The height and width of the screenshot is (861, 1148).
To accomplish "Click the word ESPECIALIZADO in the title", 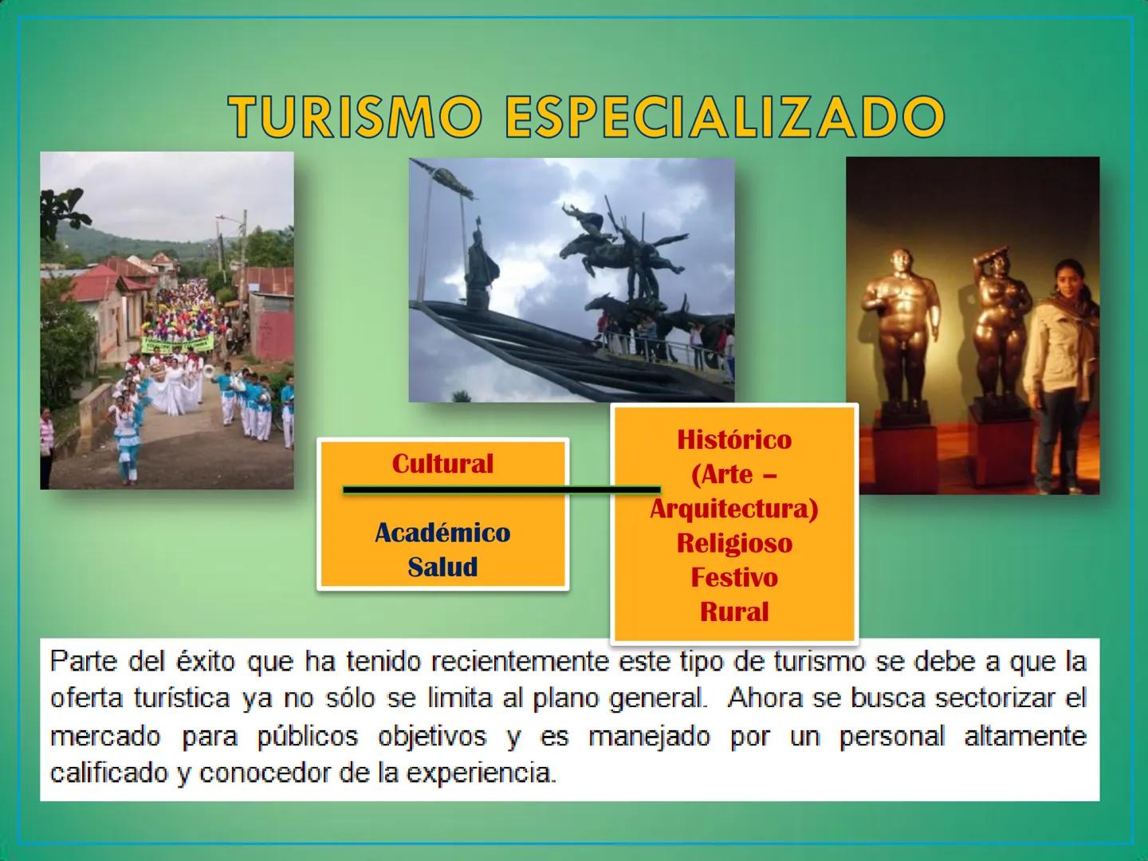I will pyautogui.click(x=724, y=116).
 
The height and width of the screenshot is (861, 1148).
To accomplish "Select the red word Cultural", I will pyautogui.click(x=442, y=464).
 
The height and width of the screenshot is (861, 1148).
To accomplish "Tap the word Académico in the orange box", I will pyautogui.click(x=442, y=533).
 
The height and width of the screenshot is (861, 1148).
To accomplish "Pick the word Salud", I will pyautogui.click(x=442, y=567).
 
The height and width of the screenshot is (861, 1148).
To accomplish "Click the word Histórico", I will pyautogui.click(x=734, y=439).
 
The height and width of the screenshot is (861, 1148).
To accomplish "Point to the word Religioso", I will pyautogui.click(x=734, y=543).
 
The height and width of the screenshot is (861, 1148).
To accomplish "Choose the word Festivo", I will pyautogui.click(x=734, y=577).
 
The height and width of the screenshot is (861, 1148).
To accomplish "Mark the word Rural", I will pyautogui.click(x=734, y=611).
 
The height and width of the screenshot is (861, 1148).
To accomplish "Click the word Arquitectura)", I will pyautogui.click(x=734, y=509).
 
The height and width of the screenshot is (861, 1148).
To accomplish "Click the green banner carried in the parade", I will pyautogui.click(x=177, y=344).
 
